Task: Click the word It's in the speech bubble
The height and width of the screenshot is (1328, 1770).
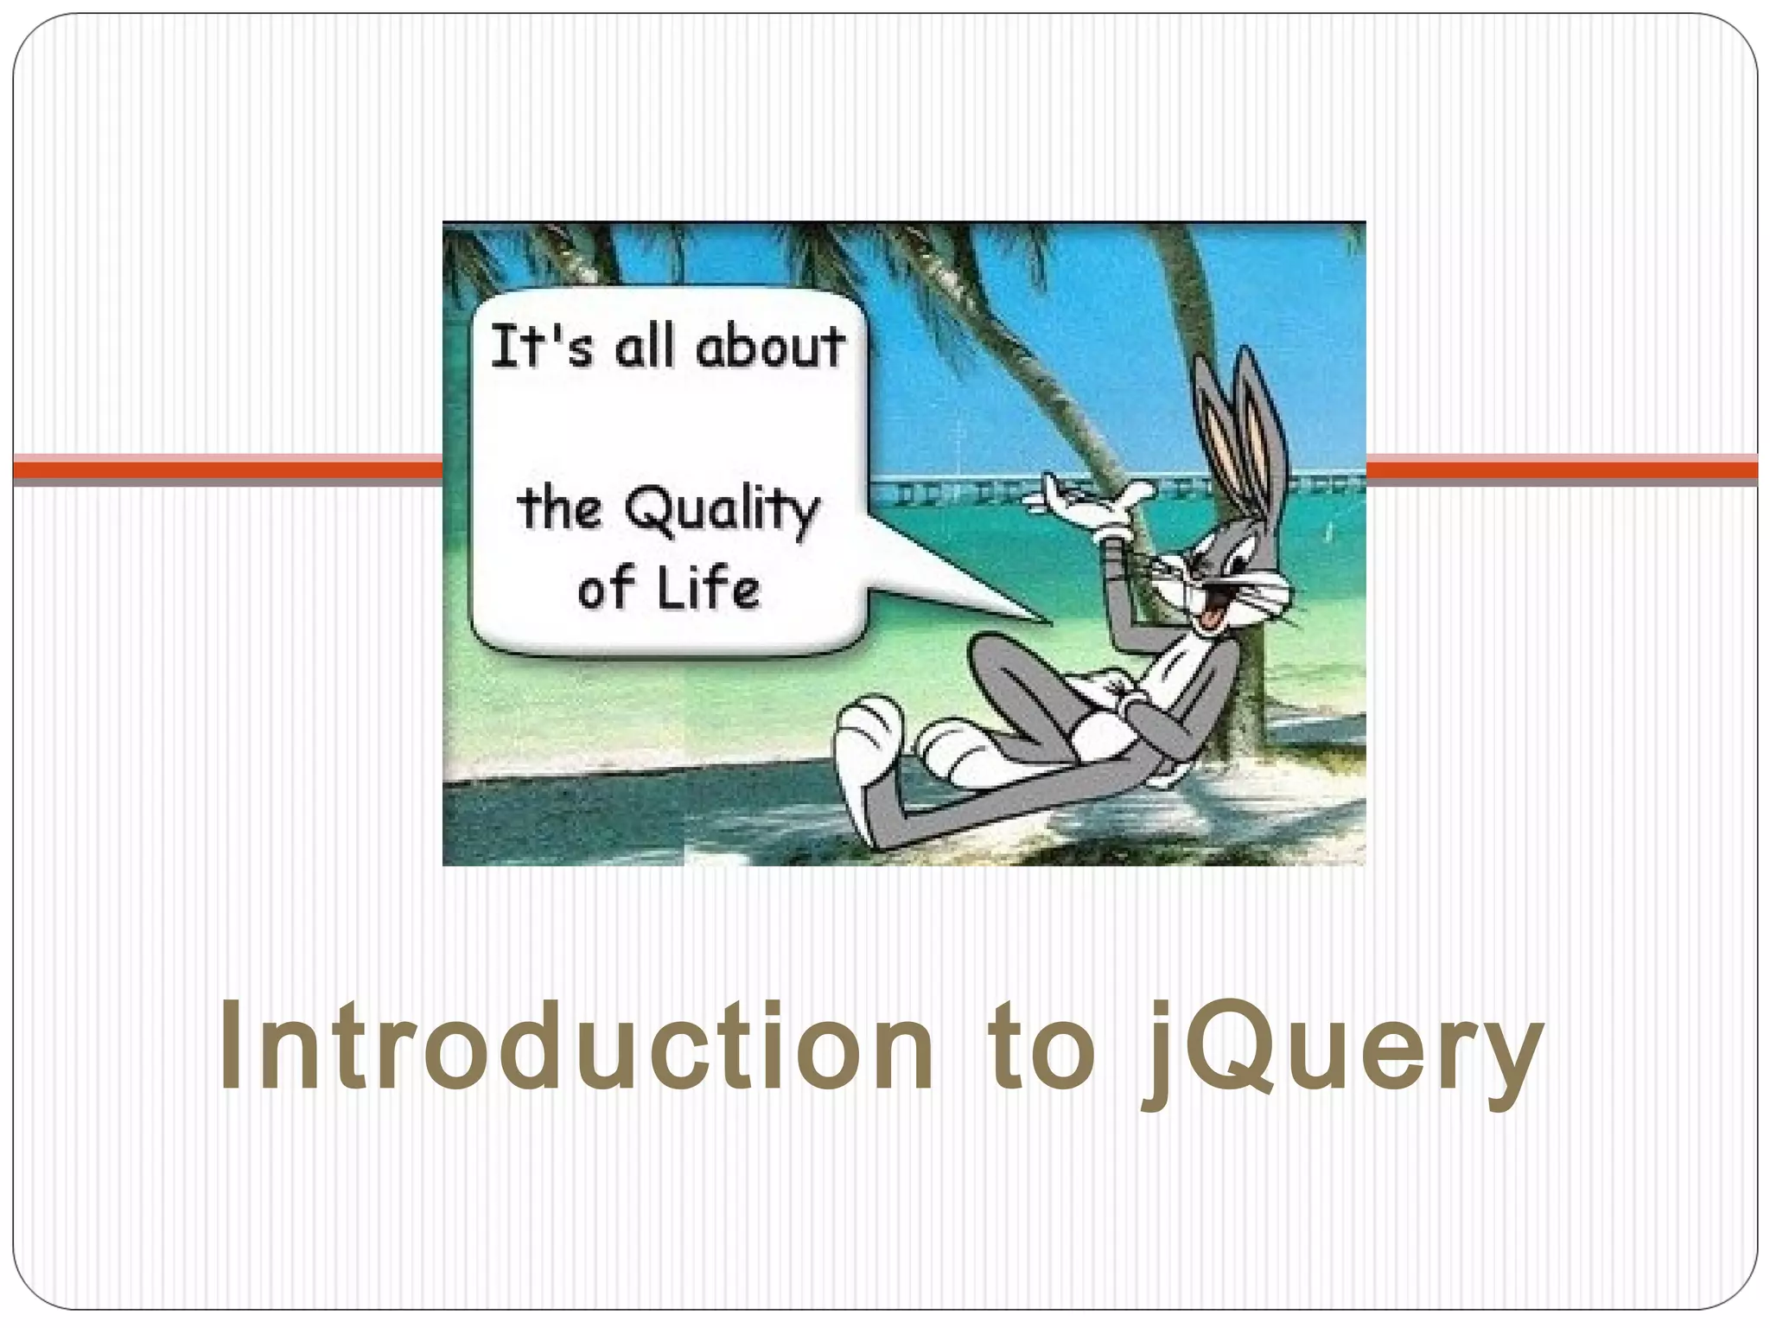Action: [542, 347]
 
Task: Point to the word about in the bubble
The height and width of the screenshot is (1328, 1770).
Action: [770, 347]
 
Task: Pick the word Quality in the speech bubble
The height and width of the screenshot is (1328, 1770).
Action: [722, 510]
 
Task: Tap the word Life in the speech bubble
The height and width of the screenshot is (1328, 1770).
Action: [709, 588]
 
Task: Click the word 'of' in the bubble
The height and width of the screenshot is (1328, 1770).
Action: [608, 588]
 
